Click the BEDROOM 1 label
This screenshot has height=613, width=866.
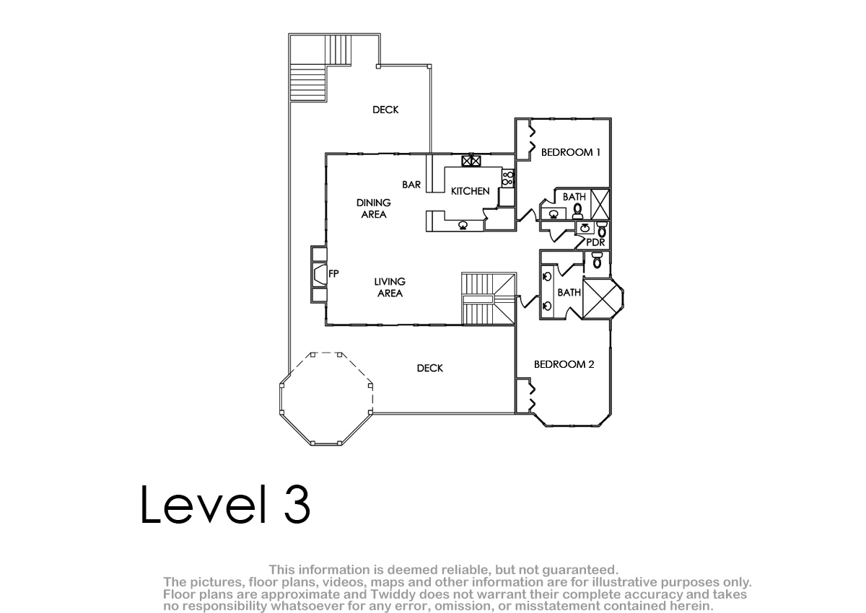click(x=570, y=153)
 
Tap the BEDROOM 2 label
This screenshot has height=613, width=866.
click(x=564, y=364)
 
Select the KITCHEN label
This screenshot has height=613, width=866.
click(x=470, y=191)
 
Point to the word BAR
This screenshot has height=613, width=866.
click(x=411, y=185)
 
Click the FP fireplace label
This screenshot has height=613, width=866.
click(x=333, y=273)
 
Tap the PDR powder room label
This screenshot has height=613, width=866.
click(x=595, y=242)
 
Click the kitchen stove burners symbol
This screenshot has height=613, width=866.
click(x=507, y=178)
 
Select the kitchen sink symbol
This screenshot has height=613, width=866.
click(x=463, y=225)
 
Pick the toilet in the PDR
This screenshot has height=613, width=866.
click(x=602, y=229)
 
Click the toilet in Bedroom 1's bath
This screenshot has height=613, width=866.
click(x=577, y=211)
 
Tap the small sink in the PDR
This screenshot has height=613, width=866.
click(x=585, y=227)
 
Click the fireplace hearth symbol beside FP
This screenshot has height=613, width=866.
click(x=319, y=274)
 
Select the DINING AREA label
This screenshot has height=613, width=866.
click(x=374, y=208)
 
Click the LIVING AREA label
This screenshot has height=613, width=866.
click(x=390, y=287)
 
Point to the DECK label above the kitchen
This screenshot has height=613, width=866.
click(x=385, y=110)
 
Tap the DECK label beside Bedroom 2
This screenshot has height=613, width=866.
click(x=430, y=368)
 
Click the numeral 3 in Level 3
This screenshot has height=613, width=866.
click(x=297, y=504)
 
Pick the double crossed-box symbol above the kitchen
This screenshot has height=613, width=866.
click(x=471, y=160)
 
